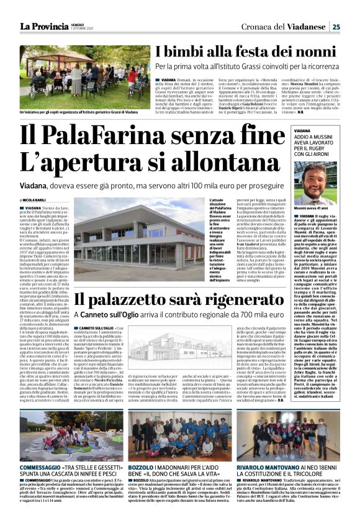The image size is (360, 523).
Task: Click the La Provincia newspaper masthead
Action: pos(44,26)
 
